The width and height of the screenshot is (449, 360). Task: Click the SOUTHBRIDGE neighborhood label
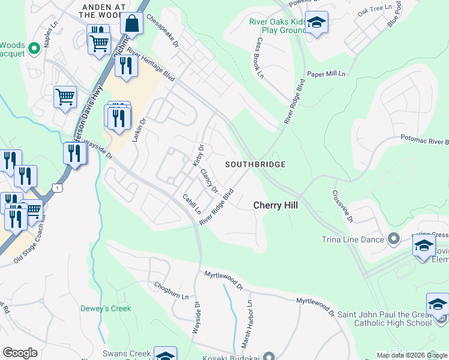(255, 164)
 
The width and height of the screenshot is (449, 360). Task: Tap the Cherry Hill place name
(276, 205)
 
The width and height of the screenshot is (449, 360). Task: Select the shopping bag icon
(131, 24)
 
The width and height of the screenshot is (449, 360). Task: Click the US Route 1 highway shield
(56, 188)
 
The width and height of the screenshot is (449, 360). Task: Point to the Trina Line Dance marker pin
(394, 239)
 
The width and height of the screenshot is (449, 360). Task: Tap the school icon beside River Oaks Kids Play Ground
(316, 23)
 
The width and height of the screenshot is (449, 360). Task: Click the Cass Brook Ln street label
(260, 59)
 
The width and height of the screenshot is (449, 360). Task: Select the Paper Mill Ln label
(327, 74)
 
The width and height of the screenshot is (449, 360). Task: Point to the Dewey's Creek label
(106, 309)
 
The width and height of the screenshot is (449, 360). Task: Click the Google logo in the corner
(20, 352)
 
